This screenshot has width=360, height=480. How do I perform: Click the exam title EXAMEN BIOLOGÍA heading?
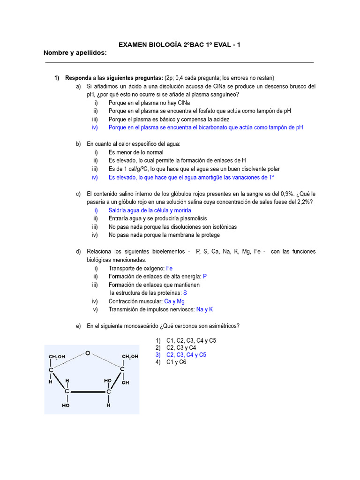pos(180,45)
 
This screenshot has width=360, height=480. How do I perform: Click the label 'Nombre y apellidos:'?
pos(75,52)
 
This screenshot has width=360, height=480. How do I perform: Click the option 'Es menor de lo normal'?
pos(136,152)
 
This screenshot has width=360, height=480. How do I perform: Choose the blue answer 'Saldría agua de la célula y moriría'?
pos(150,210)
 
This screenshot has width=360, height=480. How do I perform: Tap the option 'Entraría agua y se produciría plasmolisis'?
pos(157,218)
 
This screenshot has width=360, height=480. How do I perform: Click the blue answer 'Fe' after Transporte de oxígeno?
pos(170,269)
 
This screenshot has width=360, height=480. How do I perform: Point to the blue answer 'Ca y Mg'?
pos(174,301)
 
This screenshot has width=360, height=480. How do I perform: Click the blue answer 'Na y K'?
pos(204,309)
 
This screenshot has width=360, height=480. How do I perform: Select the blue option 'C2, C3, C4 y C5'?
pos(186,355)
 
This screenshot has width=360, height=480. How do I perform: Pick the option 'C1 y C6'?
pos(176,362)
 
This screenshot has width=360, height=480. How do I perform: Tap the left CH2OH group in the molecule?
pos(57,357)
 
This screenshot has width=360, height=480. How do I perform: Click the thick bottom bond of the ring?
pos(88,391)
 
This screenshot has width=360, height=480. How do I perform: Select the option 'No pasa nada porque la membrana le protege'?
pos(164,235)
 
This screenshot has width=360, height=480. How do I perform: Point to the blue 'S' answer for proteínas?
pos(185,293)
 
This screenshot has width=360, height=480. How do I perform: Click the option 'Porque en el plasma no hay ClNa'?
pos(149,103)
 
